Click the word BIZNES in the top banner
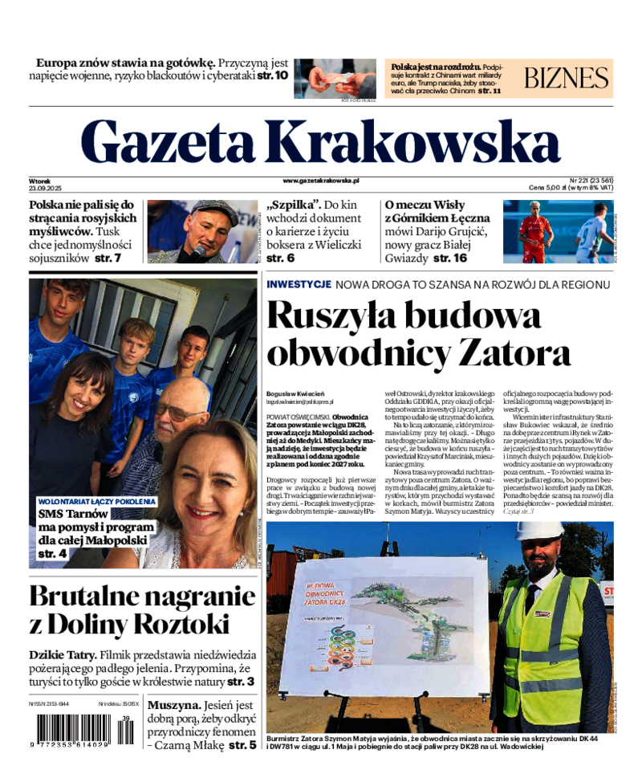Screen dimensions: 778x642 [567, 78]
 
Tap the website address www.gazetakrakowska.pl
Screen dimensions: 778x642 [321, 182]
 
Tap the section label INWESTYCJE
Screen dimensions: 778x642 [299, 285]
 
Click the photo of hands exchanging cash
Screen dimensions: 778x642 [335, 78]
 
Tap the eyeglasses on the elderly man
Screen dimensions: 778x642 [177, 413]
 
